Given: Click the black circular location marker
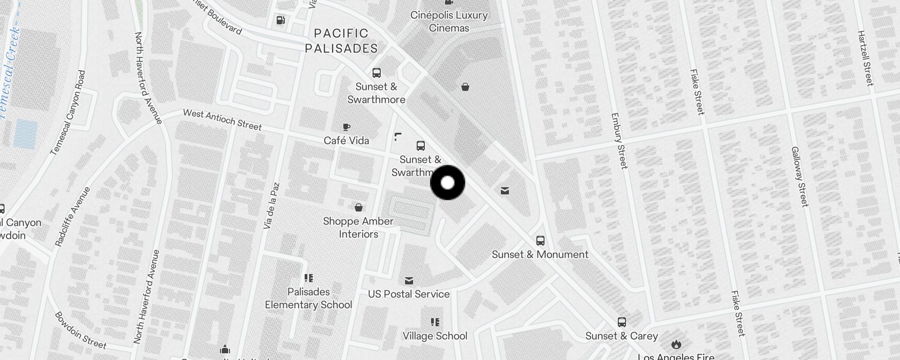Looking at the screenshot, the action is [x=447, y=183].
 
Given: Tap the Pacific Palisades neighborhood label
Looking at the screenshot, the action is [x=341, y=41].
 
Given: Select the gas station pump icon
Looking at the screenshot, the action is [x=280, y=20].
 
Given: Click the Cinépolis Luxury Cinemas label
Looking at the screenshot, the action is [x=449, y=22].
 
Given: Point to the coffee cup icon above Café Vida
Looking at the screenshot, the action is [x=346, y=127].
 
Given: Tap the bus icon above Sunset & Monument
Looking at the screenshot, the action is [x=540, y=241].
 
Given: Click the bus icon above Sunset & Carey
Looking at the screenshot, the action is [x=621, y=322].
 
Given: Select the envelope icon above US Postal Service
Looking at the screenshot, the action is [x=409, y=281].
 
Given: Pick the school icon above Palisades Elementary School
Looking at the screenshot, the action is [x=308, y=278].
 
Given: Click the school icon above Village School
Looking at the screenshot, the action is [x=435, y=322].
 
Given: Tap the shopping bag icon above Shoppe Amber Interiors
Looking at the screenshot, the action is [x=358, y=207].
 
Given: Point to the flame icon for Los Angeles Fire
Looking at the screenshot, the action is [x=676, y=344].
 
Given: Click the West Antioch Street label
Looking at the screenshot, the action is [x=222, y=120].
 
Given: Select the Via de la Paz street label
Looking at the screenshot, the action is [x=272, y=205].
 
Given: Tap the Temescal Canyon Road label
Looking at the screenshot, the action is [x=68, y=112].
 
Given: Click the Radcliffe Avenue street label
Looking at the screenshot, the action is [x=72, y=216].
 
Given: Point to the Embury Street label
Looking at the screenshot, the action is [x=619, y=141].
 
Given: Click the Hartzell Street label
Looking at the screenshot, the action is [x=865, y=58].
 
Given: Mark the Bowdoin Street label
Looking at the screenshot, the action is [x=81, y=331].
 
